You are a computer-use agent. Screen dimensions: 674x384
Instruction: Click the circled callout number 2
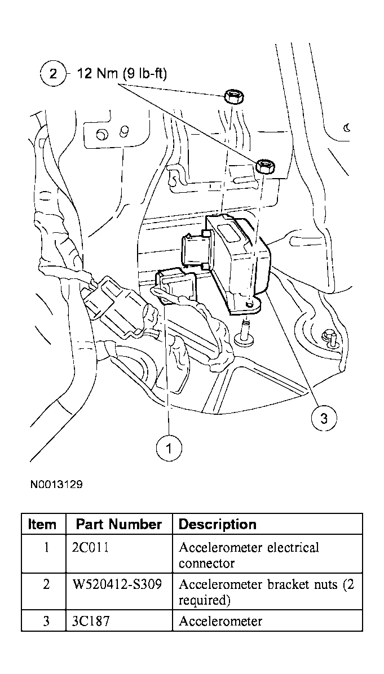tap(53, 74)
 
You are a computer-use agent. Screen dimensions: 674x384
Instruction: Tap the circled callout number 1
tap(169, 448)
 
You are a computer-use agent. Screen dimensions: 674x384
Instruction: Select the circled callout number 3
tap(324, 418)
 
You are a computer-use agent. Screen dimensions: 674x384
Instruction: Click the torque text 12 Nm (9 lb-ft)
tap(121, 74)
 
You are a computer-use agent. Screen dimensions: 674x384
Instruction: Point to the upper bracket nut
tap(233, 97)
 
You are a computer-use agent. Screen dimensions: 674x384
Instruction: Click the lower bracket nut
tap(265, 166)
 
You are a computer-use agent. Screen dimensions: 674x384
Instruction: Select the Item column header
tap(42, 524)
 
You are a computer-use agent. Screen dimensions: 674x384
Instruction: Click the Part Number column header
tap(119, 524)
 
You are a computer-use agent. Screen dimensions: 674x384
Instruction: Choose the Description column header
tap(217, 524)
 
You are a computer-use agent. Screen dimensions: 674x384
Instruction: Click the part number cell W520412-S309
tap(117, 584)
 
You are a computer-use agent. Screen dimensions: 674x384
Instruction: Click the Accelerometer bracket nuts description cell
tap(266, 592)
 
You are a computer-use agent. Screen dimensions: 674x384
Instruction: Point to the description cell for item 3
tap(220, 621)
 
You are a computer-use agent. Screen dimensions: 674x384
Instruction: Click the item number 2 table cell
tap(46, 584)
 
